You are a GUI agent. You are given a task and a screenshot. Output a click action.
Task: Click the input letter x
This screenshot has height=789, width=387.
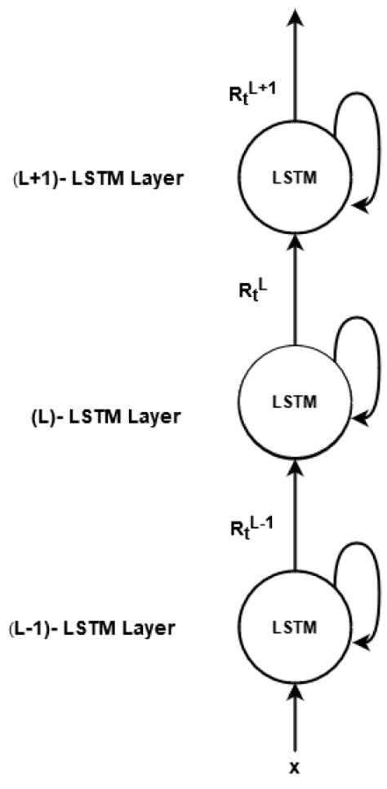(295, 766)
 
